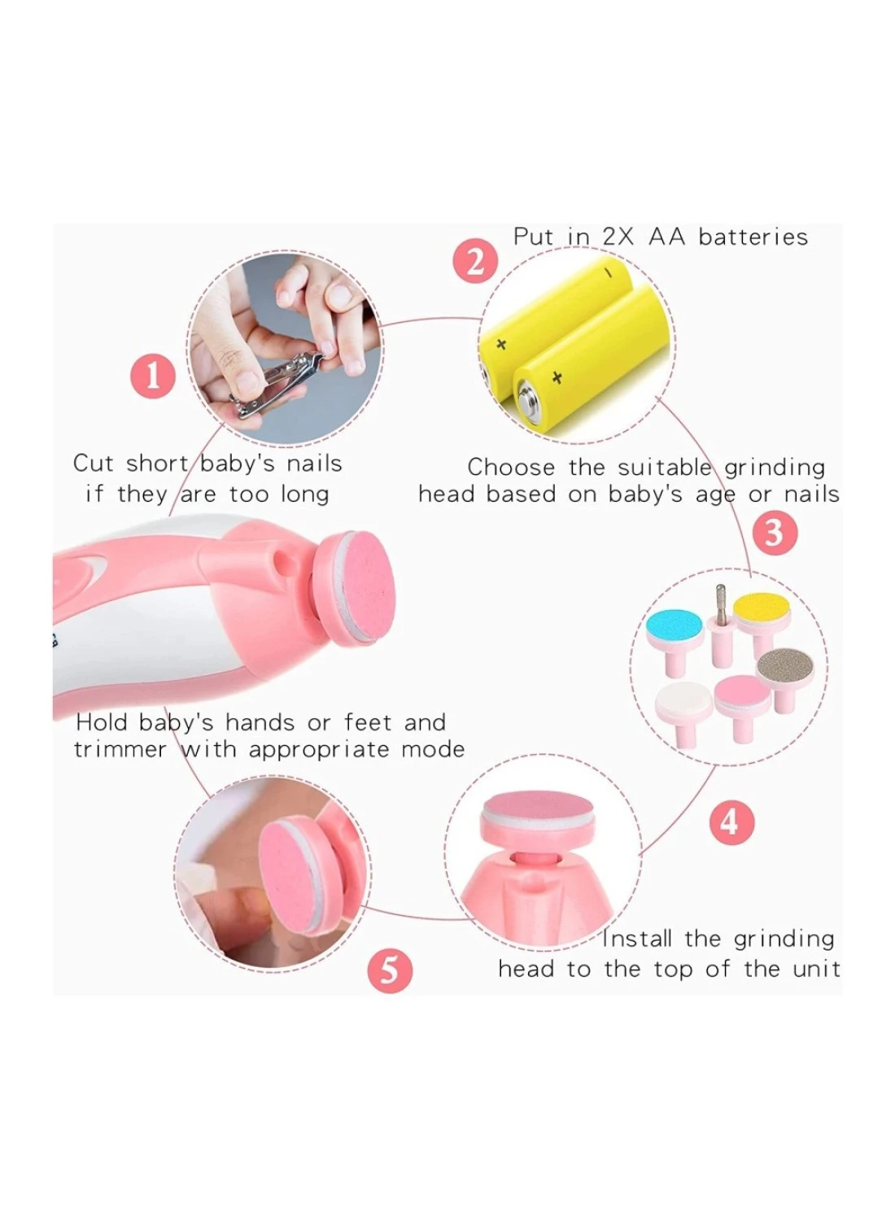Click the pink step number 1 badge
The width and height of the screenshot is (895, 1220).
154,376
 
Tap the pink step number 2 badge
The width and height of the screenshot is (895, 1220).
475,263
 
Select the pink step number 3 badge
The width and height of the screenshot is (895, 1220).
774,532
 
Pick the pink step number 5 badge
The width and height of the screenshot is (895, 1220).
390,971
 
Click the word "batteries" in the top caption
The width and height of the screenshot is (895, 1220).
753,237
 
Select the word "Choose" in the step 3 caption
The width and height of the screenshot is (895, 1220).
511,468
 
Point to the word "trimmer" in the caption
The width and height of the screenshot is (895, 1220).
120,750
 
